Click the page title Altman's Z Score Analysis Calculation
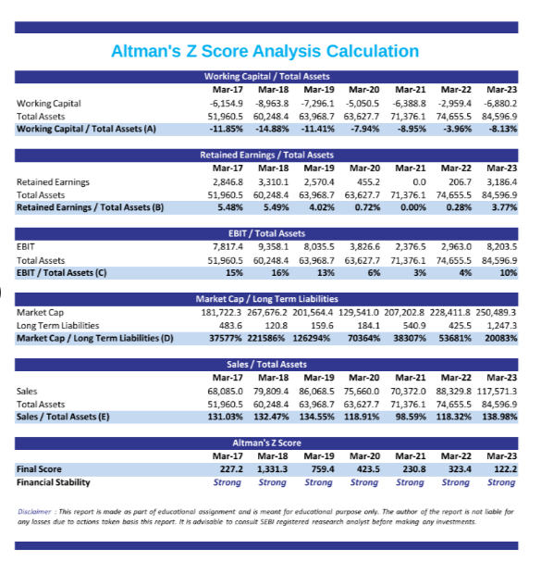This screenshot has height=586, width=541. click(265, 51)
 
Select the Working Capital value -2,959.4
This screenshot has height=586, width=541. click(456, 104)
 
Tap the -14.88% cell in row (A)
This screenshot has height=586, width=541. click(272, 129)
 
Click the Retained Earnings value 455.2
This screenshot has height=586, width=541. click(368, 182)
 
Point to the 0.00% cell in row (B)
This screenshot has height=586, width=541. click(413, 207)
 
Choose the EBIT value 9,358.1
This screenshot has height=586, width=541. click(274, 247)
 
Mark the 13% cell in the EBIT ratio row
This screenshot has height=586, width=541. click(326, 273)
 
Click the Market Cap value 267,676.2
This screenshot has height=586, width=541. click(267, 312)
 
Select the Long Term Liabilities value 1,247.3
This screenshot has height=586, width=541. click(501, 326)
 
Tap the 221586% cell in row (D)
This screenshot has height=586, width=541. click(265, 339)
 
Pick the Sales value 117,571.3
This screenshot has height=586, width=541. click(497, 392)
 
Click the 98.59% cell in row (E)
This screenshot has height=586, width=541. click(411, 418)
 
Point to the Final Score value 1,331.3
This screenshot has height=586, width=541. click(273, 469)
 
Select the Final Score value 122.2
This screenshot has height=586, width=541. click(506, 469)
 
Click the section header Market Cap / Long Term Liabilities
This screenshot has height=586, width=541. click(266, 299)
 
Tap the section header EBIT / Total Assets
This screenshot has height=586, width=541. click(266, 234)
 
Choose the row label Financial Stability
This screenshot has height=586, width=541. click(54, 483)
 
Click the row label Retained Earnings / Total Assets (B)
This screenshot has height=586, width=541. click(90, 207)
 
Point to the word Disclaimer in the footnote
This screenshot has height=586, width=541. click(34, 512)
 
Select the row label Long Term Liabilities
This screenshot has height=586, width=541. click(58, 326)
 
